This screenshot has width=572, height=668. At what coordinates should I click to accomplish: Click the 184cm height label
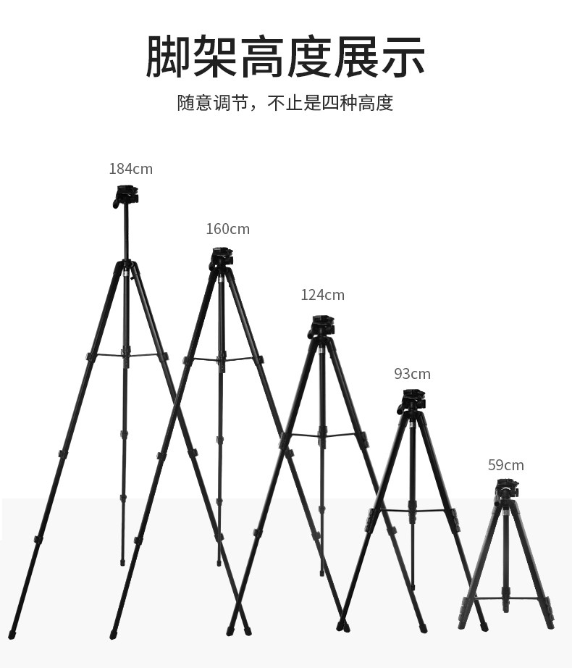click(130, 169)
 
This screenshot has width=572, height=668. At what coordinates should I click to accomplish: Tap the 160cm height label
click(227, 229)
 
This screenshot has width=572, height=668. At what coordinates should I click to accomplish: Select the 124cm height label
click(322, 295)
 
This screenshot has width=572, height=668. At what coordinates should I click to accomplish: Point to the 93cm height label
click(412, 374)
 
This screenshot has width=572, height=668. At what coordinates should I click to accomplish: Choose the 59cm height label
click(505, 465)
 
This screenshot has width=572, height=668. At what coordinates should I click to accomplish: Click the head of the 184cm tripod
click(126, 196)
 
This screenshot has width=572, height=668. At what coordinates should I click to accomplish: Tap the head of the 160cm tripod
click(222, 258)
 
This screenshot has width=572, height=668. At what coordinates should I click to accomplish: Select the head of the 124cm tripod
click(322, 325)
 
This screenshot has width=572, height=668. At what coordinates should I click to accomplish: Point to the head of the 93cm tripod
click(413, 401)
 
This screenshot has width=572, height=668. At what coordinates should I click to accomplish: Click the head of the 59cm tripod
click(507, 488)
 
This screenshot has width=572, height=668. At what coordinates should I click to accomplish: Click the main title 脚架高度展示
click(285, 57)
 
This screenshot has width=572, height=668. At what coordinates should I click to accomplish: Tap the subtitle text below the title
click(285, 103)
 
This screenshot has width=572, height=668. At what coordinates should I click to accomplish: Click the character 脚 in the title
click(168, 57)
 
